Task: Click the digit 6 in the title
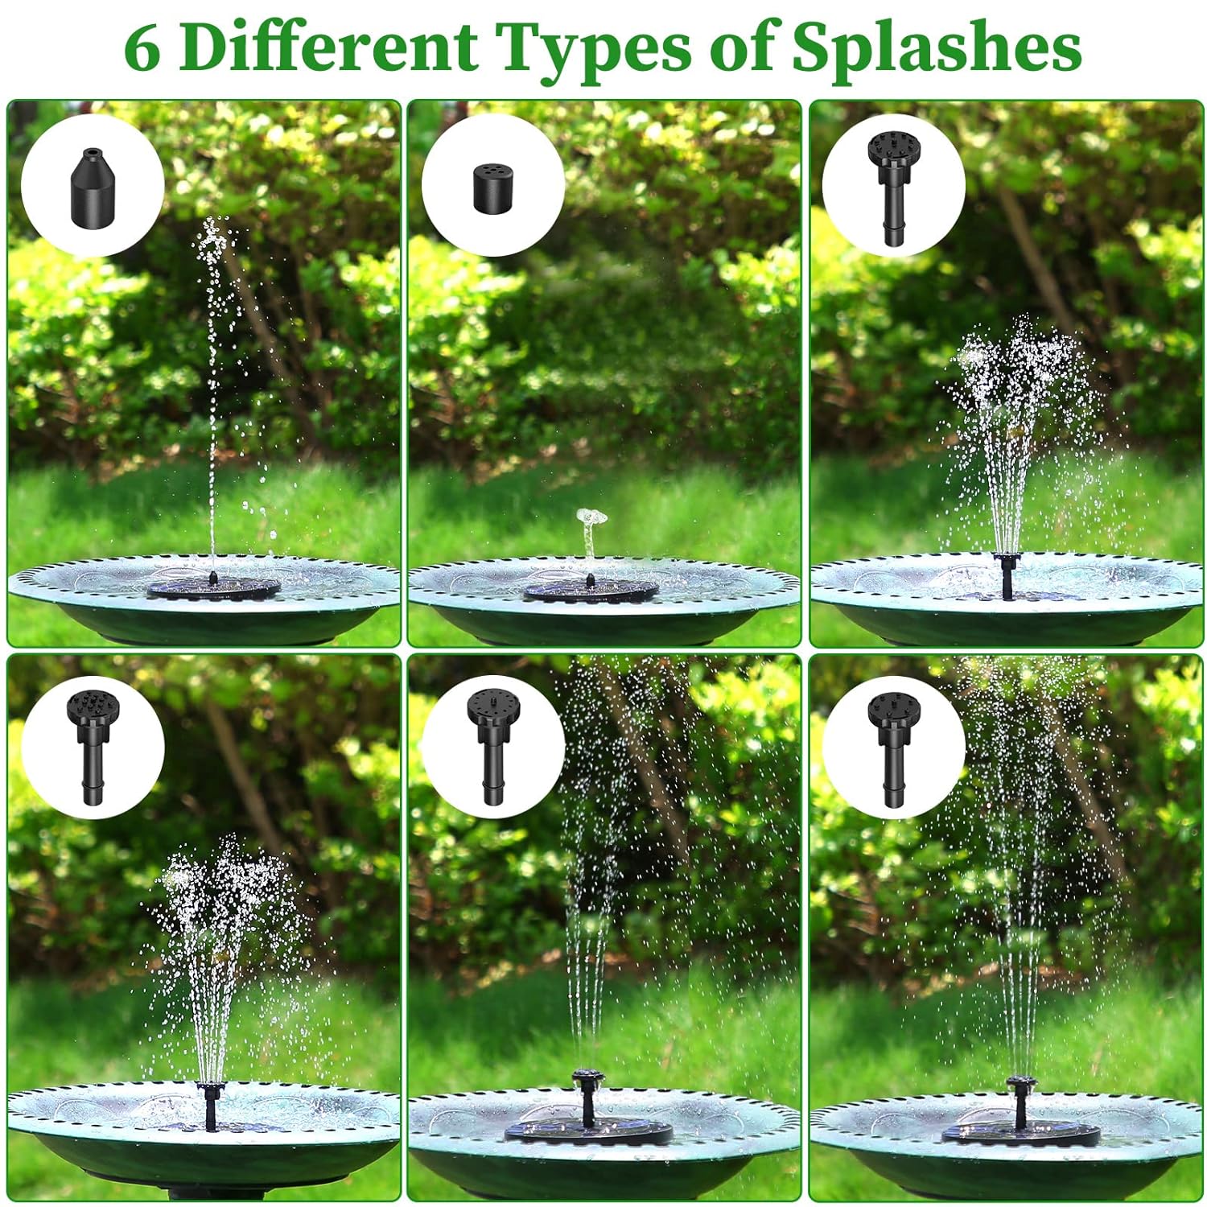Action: pyautogui.click(x=142, y=48)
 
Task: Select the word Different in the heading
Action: pyautogui.click(x=328, y=47)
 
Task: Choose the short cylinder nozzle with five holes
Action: pyautogui.click(x=493, y=187)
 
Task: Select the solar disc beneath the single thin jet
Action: pyautogui.click(x=213, y=587)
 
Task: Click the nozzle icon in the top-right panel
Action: pyautogui.click(x=892, y=188)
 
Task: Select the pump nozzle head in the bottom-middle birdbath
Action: pyautogui.click(x=587, y=1077)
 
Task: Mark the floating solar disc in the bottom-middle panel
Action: pyautogui.click(x=589, y=1131)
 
